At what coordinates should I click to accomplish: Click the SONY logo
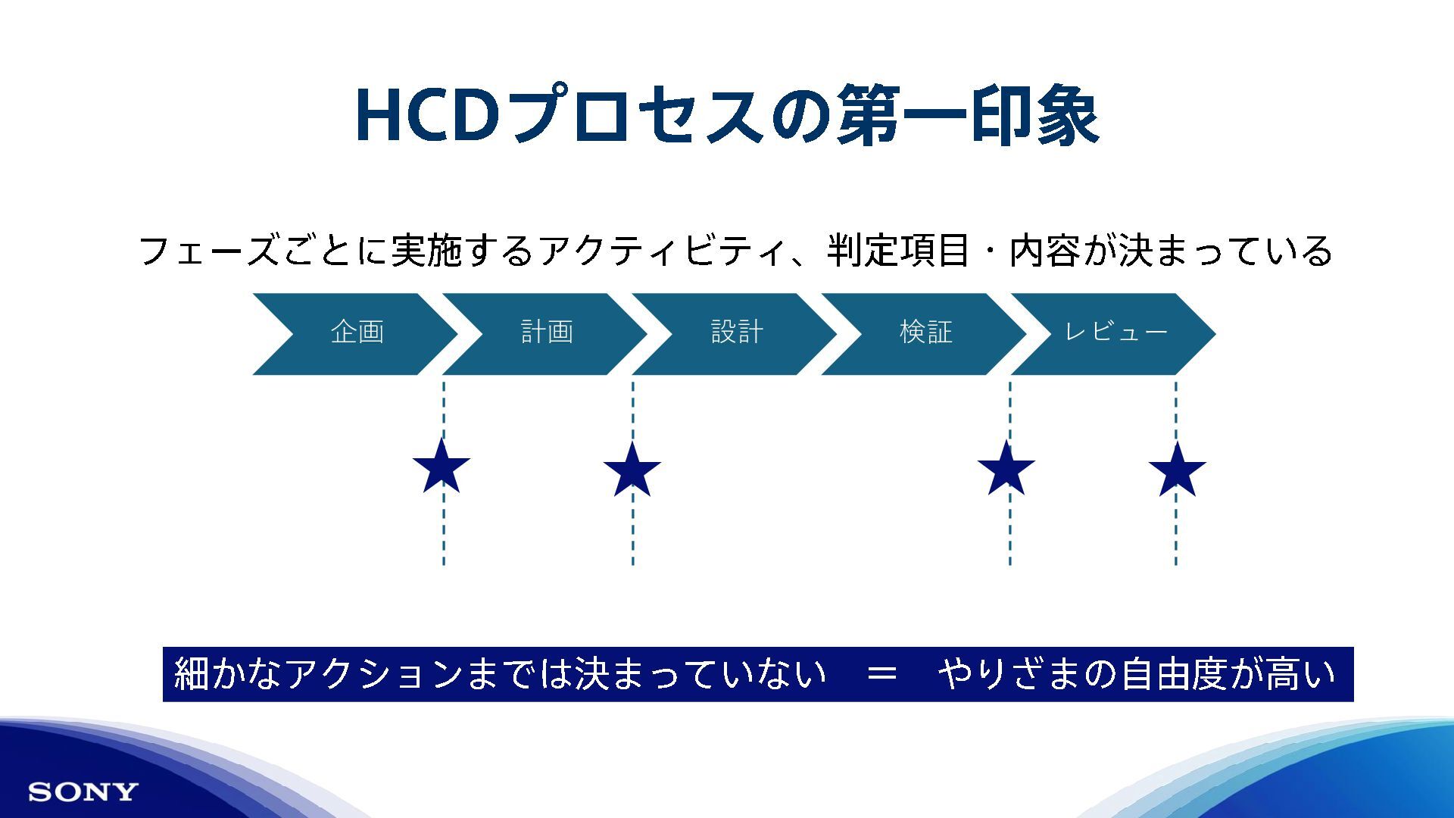(x=83, y=792)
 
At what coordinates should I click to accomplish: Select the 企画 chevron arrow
(x=356, y=333)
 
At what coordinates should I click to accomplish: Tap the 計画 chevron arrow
(x=546, y=333)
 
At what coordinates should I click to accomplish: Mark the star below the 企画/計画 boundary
(x=442, y=467)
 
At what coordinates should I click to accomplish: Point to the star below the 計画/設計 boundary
(x=632, y=470)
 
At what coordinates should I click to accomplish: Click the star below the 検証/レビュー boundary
(x=1006, y=469)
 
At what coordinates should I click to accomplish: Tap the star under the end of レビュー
(x=1177, y=470)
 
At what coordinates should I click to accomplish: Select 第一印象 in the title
(x=967, y=116)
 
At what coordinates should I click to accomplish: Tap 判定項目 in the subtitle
(x=897, y=251)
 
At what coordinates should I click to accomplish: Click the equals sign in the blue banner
(x=881, y=673)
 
